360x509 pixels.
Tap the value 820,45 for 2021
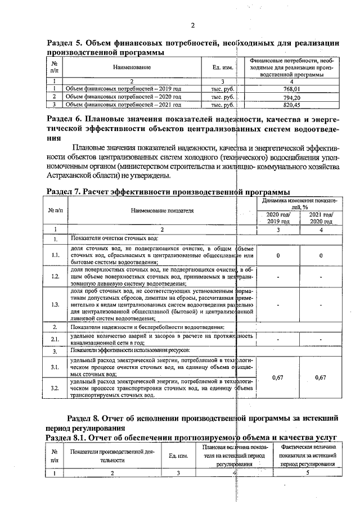[x=291, y=104]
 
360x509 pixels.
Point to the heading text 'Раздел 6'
[x=67, y=119]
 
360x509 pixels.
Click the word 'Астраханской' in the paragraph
[x=71, y=176]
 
